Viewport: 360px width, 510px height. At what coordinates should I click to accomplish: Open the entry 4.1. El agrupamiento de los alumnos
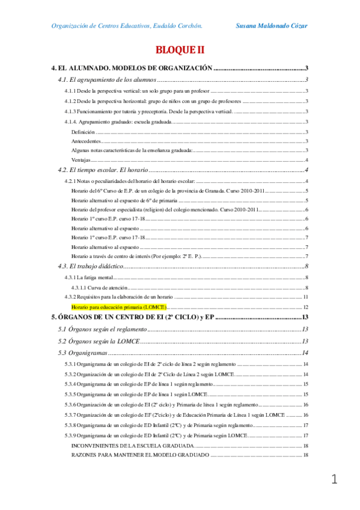click(108, 79)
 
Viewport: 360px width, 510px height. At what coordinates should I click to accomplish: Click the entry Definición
click(83, 131)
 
